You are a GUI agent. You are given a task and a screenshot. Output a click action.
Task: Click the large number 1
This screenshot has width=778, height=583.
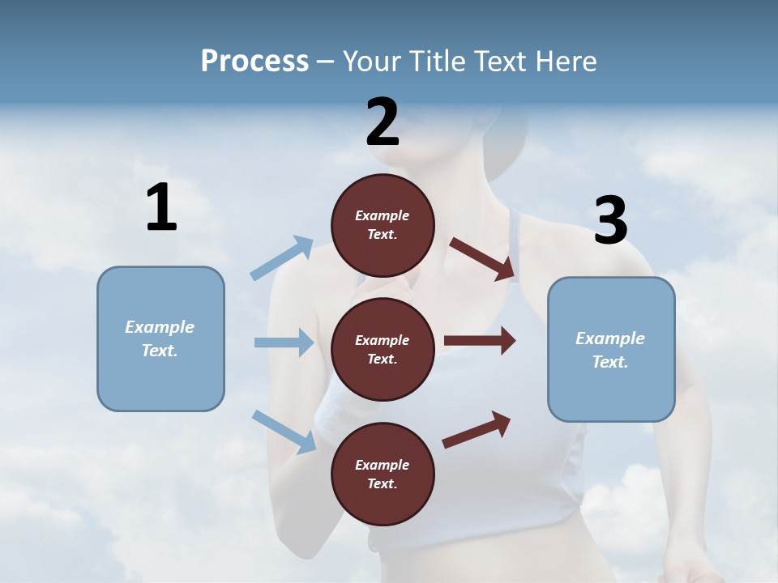pos(161,208)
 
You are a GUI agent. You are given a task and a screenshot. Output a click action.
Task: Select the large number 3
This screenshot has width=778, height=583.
pos(611,220)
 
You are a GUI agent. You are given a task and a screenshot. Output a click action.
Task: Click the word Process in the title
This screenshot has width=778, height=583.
pos(254,61)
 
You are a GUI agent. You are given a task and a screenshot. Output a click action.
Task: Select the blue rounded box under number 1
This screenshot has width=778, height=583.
pos(160,338)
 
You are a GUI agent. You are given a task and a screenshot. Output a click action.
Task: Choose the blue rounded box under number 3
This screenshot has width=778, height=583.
pos(611,349)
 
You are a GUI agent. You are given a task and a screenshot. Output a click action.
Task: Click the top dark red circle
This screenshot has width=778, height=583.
pos(383,225)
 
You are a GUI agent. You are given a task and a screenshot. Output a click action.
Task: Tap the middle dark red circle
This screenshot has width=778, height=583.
pos(383,349)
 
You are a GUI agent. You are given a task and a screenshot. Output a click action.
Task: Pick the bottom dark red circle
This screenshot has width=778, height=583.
pos(383,474)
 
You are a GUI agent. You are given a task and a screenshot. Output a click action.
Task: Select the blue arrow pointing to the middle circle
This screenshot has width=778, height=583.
pos(284,343)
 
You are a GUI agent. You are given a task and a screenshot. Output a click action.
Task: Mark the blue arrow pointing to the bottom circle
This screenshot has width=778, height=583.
pos(284,432)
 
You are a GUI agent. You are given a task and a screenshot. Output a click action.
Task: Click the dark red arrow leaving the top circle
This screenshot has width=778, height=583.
pos(482,258)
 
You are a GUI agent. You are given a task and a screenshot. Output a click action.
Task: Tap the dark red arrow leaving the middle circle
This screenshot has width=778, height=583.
pos(480,341)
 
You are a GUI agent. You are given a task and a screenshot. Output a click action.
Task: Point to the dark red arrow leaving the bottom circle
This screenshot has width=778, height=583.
pos(477,429)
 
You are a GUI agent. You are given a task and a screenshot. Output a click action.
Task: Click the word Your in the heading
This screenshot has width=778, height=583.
pos(371,61)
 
